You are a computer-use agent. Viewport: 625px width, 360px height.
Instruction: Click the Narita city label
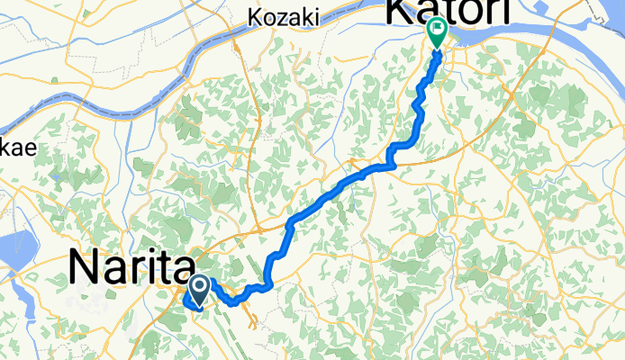pos(131,268)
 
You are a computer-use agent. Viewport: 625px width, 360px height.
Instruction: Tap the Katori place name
pos(448,11)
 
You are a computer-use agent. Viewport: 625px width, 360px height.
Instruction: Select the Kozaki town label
pos(279,16)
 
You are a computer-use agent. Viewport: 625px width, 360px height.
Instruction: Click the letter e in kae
pos(29,150)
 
